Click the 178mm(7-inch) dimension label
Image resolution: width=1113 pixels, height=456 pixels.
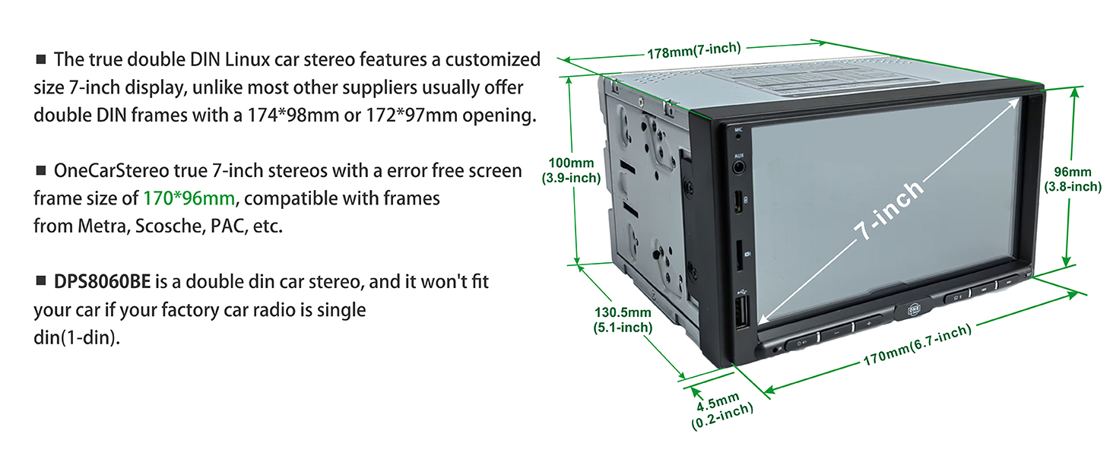click(x=693, y=51)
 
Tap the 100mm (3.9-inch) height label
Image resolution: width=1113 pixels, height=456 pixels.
click(x=571, y=171)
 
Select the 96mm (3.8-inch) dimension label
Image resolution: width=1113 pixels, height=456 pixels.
click(x=1072, y=179)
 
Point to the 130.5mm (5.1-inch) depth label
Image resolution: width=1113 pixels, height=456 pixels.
click(x=622, y=320)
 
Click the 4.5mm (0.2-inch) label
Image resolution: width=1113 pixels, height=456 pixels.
click(x=721, y=411)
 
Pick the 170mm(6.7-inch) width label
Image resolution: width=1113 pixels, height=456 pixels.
click(x=917, y=346)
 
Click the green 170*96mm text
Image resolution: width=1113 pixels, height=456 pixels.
click(x=189, y=199)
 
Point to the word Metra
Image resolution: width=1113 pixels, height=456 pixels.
click(x=103, y=226)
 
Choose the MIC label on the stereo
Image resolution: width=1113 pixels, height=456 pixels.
click(x=737, y=130)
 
